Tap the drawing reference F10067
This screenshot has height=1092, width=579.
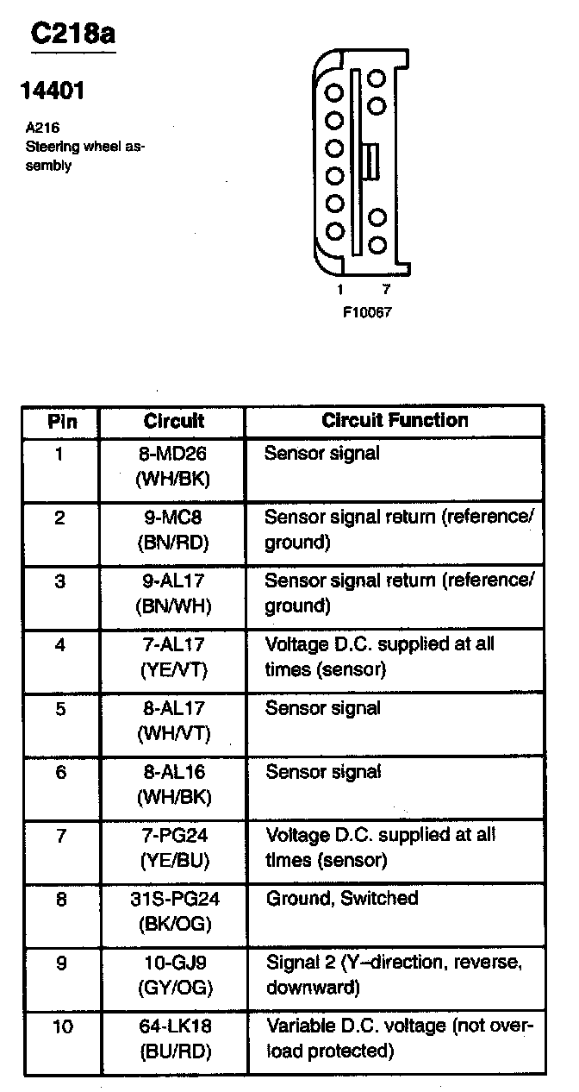click(x=367, y=312)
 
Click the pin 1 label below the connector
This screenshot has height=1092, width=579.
click(x=340, y=290)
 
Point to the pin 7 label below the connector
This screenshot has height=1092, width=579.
click(x=385, y=290)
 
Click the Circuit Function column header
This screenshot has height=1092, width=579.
click(x=395, y=421)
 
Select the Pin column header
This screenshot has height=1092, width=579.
click(x=61, y=422)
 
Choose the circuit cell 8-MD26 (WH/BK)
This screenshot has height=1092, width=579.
click(x=173, y=466)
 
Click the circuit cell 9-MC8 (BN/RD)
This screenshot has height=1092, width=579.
click(x=173, y=530)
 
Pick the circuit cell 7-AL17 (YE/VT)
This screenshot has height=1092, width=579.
click(x=173, y=657)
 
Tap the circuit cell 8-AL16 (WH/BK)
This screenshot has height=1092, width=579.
click(x=173, y=784)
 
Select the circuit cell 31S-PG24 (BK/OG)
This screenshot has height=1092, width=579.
click(x=173, y=911)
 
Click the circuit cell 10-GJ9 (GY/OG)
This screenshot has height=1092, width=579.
click(x=173, y=975)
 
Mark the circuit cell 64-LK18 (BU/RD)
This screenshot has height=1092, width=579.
click(x=173, y=1039)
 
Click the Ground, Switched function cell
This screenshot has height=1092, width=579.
click(x=342, y=899)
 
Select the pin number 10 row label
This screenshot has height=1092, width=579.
click(x=61, y=1026)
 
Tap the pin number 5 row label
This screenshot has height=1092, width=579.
click(x=60, y=709)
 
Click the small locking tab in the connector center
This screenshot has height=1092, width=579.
click(x=372, y=161)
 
